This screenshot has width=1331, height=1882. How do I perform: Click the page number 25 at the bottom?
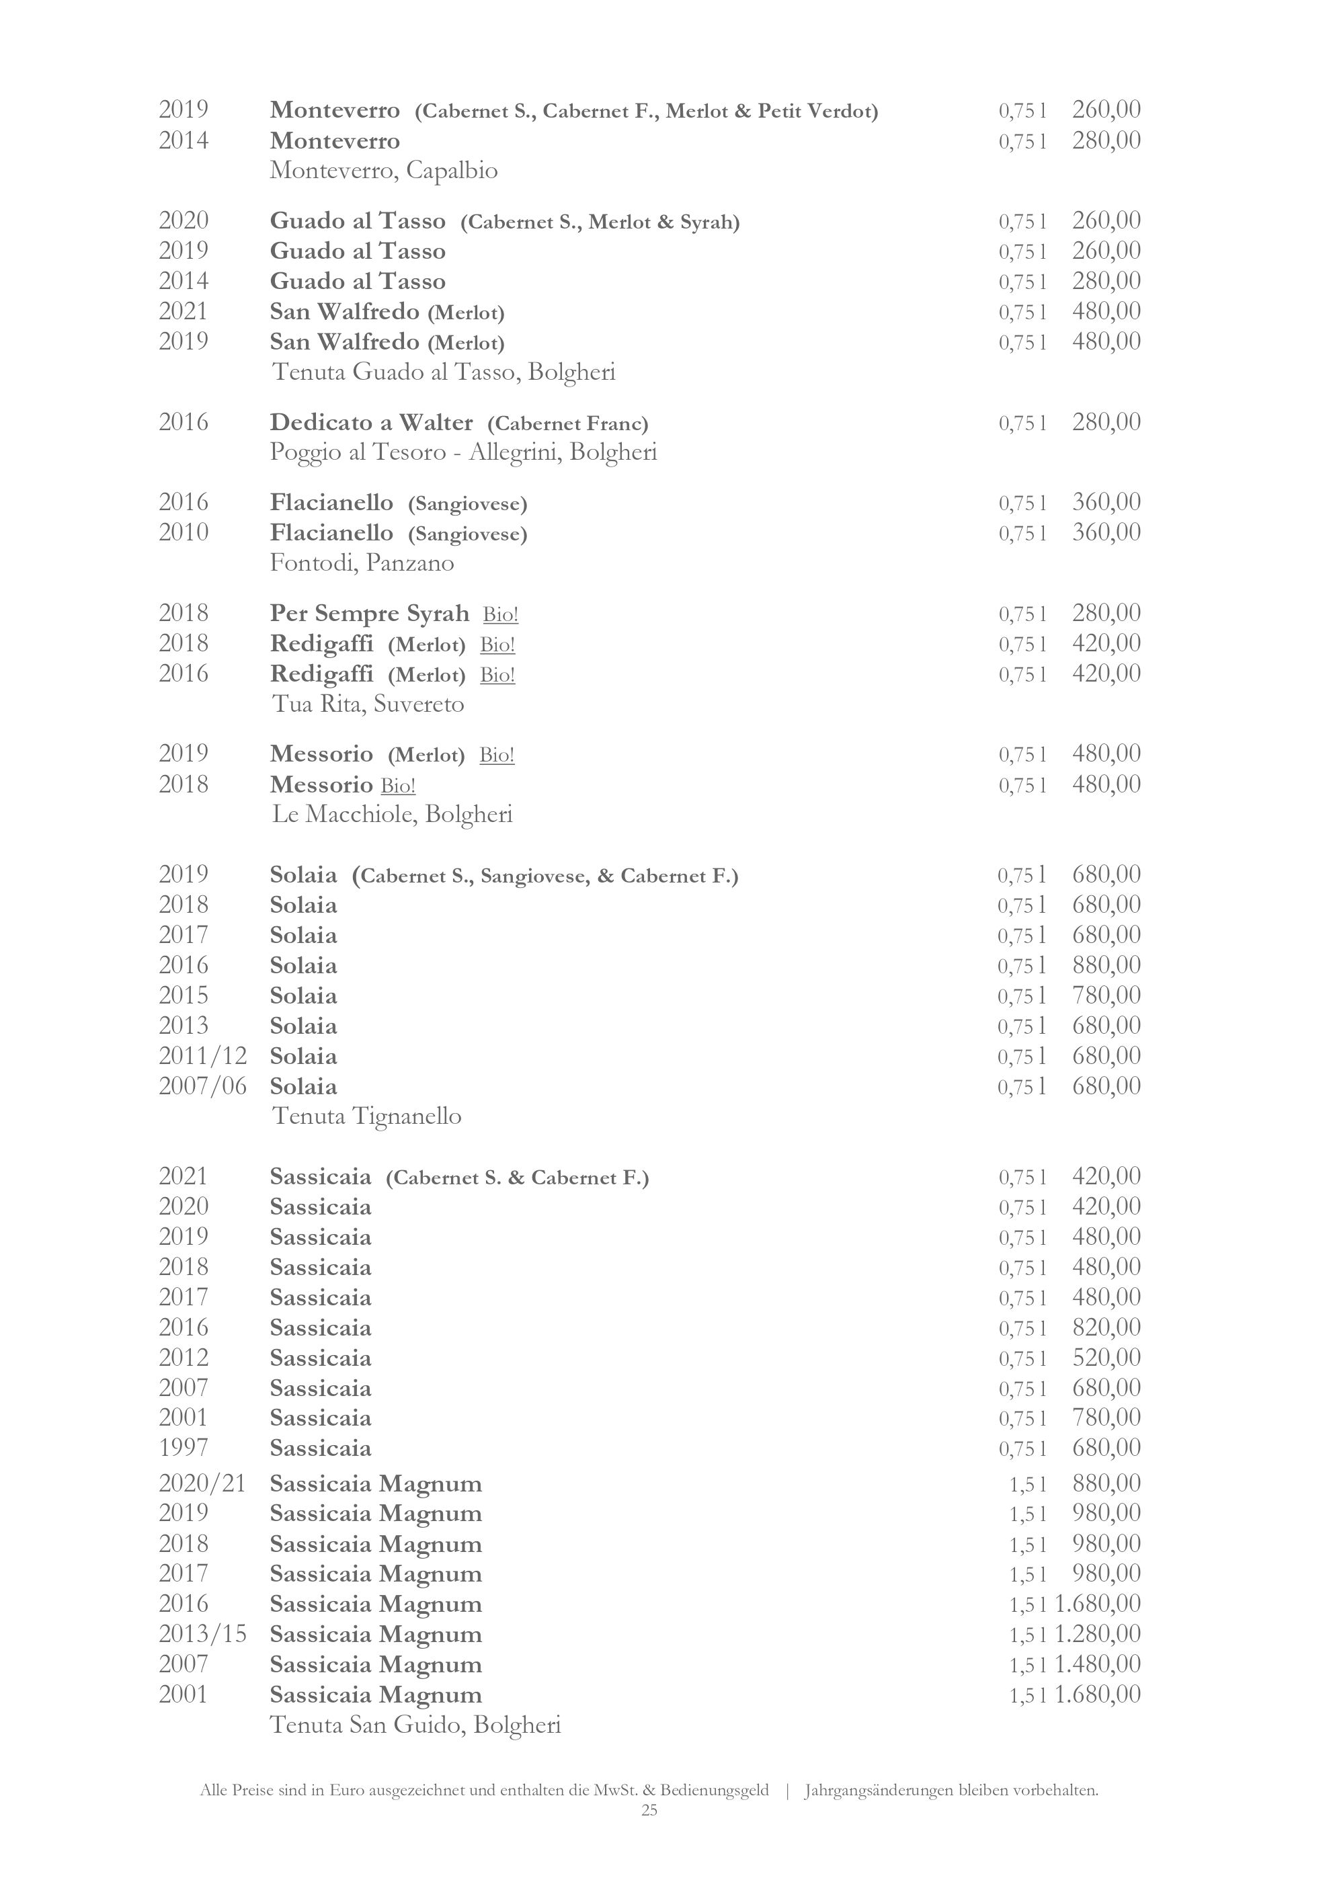(x=649, y=1811)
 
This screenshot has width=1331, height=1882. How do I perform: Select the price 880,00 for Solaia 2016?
(x=1106, y=965)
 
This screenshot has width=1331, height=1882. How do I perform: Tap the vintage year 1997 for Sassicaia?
(x=184, y=1448)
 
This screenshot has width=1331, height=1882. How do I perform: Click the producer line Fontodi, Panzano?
(x=362, y=563)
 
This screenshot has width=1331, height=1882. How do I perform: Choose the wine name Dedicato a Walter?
(x=371, y=423)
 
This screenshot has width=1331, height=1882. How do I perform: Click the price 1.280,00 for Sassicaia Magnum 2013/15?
(x=1098, y=1633)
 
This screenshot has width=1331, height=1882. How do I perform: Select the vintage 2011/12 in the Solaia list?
(x=202, y=1056)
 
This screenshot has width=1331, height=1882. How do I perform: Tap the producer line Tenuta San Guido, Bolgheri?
(x=415, y=1725)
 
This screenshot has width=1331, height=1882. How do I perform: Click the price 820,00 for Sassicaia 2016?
(x=1106, y=1327)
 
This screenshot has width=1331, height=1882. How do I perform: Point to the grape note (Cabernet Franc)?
(x=568, y=423)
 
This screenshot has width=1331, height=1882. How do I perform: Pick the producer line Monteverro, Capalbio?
(x=384, y=171)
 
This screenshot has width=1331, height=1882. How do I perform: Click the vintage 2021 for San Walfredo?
(x=184, y=311)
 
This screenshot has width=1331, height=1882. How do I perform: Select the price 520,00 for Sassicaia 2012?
(x=1106, y=1358)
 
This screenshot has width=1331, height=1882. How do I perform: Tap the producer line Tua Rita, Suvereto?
(x=367, y=704)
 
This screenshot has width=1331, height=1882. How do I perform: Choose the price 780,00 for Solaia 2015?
(x=1106, y=995)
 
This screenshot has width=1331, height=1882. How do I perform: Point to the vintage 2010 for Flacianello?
(x=184, y=533)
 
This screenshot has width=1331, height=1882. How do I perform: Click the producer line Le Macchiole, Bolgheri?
(x=392, y=814)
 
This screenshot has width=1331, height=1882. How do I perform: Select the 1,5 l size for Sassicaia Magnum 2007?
(x=1027, y=1665)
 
